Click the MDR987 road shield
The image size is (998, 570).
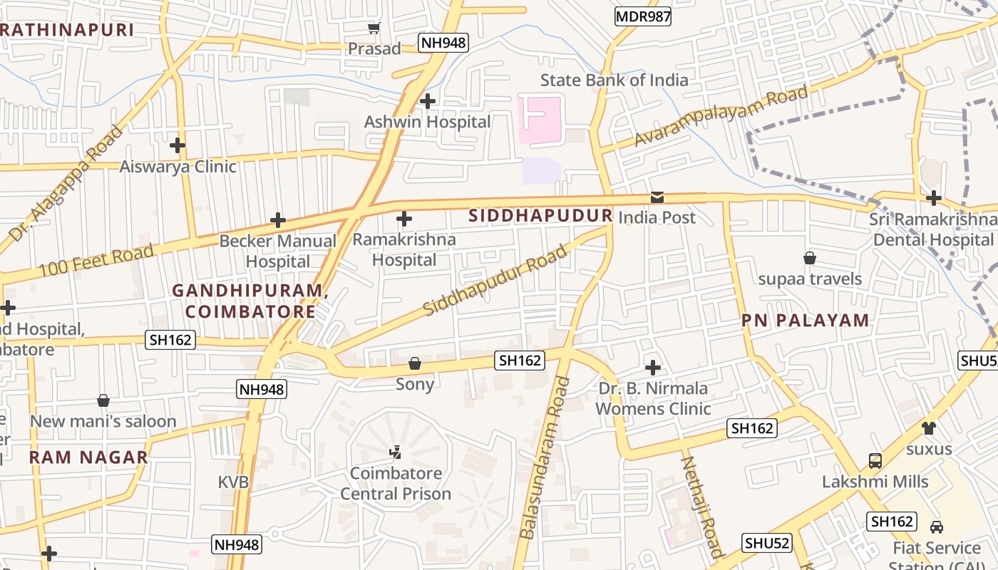pos(643,16)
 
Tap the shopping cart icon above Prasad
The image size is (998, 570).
pos(374,28)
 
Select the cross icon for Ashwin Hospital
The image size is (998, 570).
pos(428,101)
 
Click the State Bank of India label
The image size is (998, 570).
pos(614,80)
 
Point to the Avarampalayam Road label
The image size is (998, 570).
pos(721,117)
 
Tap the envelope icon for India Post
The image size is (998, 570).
pos(657,197)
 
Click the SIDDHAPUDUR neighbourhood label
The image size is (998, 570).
pos(540,215)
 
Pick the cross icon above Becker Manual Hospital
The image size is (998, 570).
pos(278,220)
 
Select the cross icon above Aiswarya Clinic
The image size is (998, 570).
pos(178,145)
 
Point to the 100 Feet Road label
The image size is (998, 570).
pos(96,261)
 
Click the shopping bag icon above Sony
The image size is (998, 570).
pos(415,364)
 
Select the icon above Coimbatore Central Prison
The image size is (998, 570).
pos(395,452)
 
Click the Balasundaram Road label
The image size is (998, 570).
pos(546,458)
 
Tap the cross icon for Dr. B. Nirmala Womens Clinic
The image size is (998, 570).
pos(652,368)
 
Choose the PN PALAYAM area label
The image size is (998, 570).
pos(806,320)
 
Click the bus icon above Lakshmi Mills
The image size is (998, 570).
pos(875,461)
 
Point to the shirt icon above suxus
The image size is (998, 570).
pos(928,428)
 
